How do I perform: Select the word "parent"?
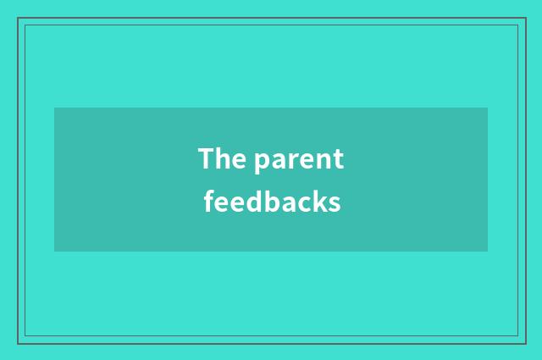pyautogui.click(x=299, y=160)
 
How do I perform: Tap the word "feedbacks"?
pyautogui.click(x=272, y=202)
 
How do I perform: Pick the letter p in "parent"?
pyautogui.click(x=261, y=162)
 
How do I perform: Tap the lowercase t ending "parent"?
pyautogui.click(x=339, y=159)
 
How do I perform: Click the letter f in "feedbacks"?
pyautogui.click(x=208, y=202)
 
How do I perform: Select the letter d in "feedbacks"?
pyautogui.click(x=252, y=202)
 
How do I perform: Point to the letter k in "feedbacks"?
pyautogui.click(x=320, y=202)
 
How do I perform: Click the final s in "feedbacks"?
pyautogui.click(x=335, y=204)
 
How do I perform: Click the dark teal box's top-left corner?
pyautogui.click(x=55, y=108)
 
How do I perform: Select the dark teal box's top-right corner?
pyautogui.click(x=487, y=108)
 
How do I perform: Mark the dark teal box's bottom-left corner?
pyautogui.click(x=55, y=251)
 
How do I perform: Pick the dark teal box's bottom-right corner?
pyautogui.click(x=487, y=251)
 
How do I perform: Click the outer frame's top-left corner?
pyautogui.click(x=18, y=18)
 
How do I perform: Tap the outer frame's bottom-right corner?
pyautogui.click(x=524, y=342)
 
